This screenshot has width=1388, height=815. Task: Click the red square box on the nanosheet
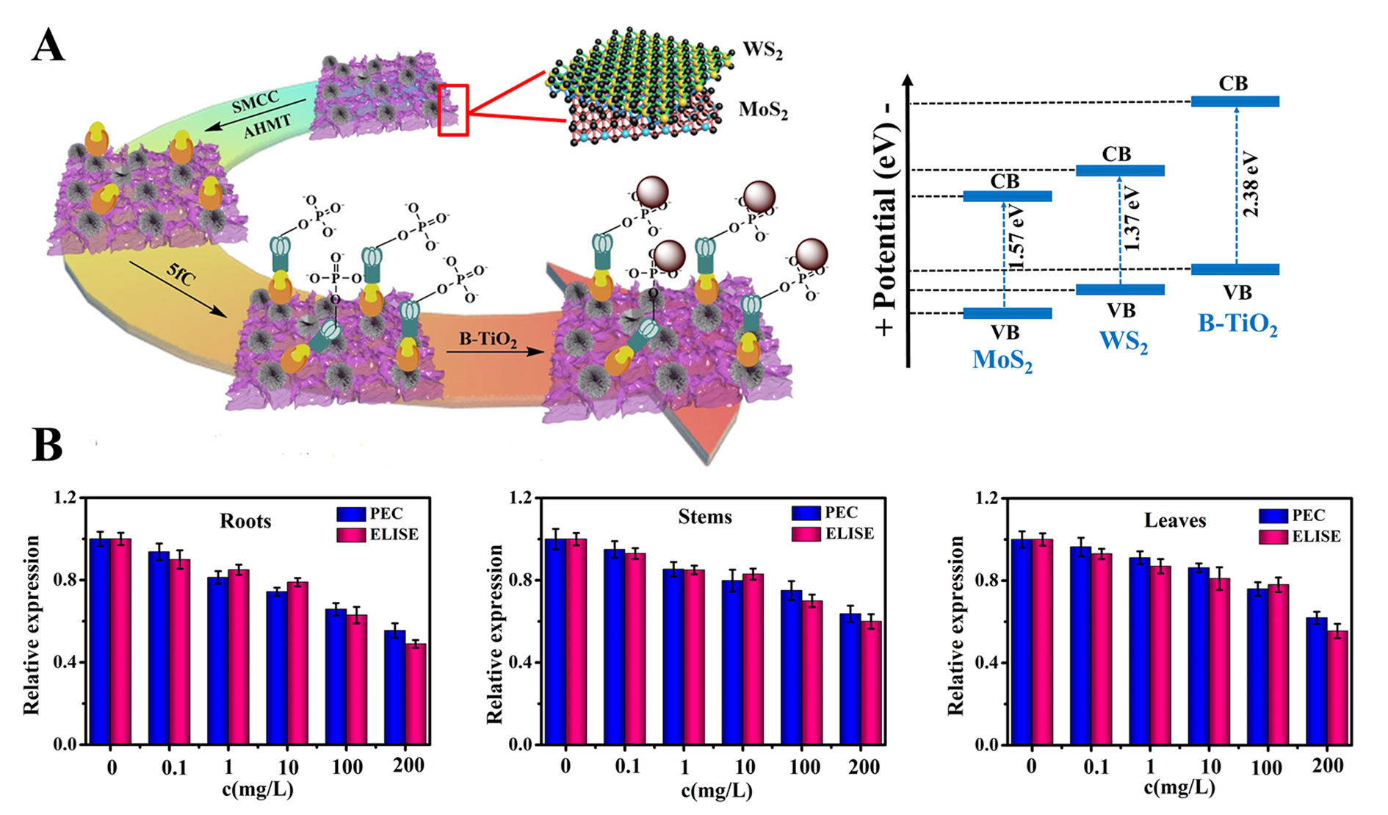coord(453,110)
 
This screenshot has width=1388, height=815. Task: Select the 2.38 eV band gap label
coord(1251,184)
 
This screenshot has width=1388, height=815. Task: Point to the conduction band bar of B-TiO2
coord(1235,101)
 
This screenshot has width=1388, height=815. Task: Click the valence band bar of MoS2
coord(1007,314)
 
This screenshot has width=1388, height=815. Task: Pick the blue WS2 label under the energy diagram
coord(1123,342)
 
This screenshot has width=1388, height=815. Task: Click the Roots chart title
coord(245,521)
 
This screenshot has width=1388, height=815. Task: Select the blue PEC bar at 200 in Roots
coord(395,687)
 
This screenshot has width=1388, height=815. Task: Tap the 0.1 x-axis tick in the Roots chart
coord(173,768)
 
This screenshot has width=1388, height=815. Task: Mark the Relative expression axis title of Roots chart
coord(32,625)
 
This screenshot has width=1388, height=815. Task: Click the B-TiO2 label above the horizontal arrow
coord(488,340)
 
